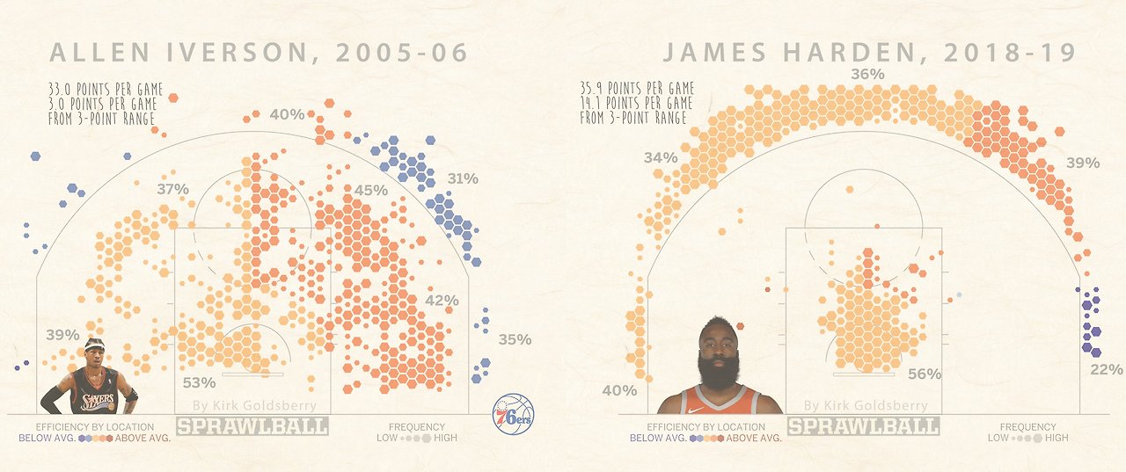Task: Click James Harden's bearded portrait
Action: click(720, 369)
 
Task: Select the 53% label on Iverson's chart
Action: click(199, 382)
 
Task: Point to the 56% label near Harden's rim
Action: click(925, 374)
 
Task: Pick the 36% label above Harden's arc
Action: click(867, 75)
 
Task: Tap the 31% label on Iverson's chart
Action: click(462, 178)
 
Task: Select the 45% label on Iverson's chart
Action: click(371, 191)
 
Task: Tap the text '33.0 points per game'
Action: click(106, 90)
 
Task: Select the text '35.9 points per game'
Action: click(637, 89)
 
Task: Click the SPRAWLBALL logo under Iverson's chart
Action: click(252, 426)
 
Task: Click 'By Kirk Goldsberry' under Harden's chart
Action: click(866, 406)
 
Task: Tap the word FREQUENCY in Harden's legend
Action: click(1027, 427)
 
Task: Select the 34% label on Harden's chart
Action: click(661, 157)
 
